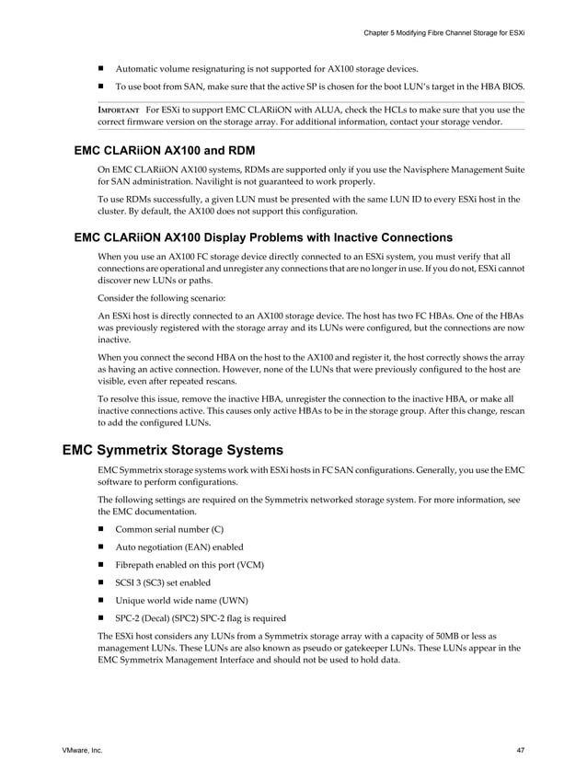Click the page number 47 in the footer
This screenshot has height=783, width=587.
[x=520, y=752]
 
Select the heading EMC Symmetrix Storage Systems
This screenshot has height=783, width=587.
[x=172, y=451]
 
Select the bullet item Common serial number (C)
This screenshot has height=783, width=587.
[x=168, y=529]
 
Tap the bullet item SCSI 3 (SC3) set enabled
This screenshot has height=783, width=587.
[x=163, y=582]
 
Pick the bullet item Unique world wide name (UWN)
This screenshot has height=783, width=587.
[x=175, y=600]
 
